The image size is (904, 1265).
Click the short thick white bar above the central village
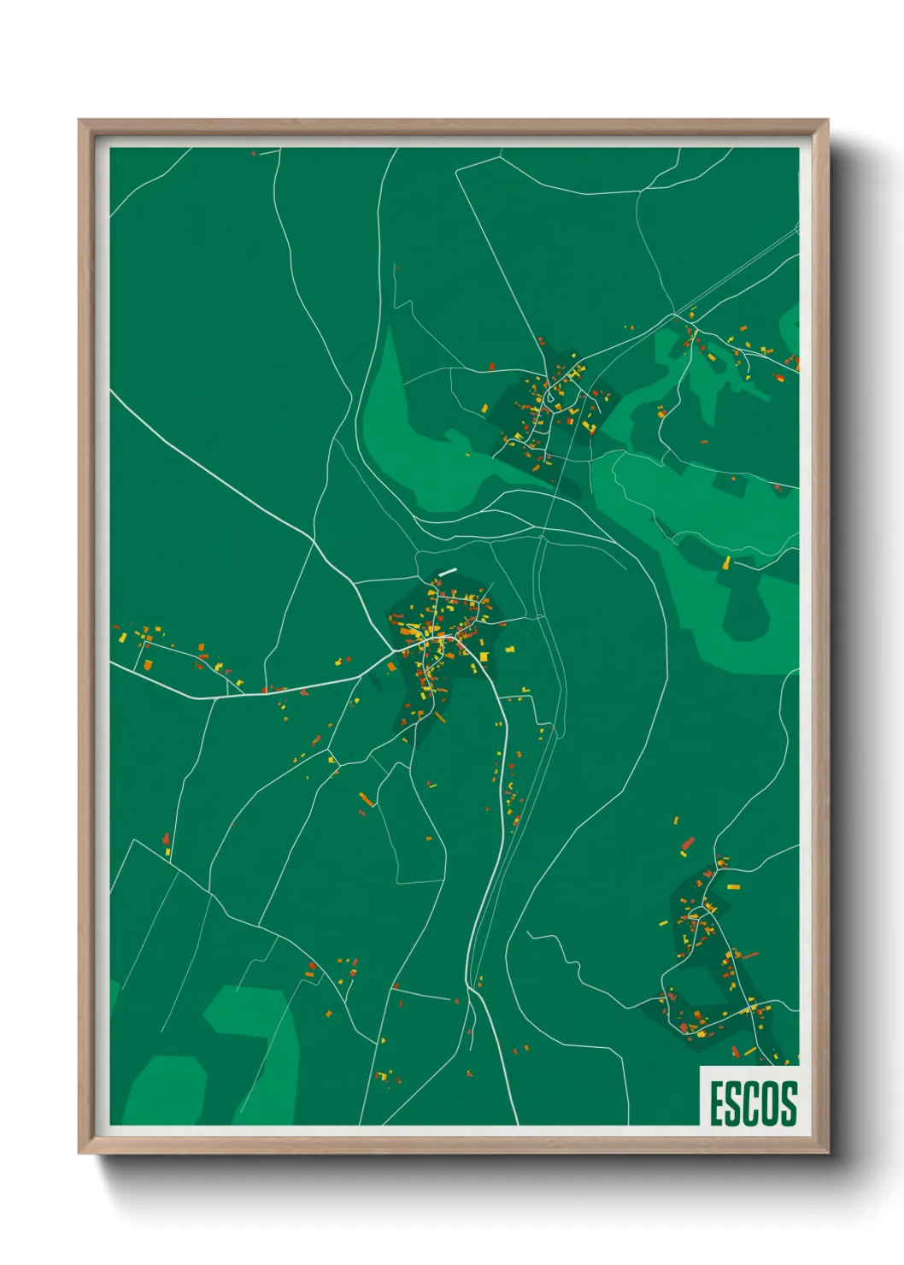(x=447, y=572)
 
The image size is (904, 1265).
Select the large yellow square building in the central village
(x=484, y=656)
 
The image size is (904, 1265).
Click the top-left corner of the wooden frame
(x=79, y=121)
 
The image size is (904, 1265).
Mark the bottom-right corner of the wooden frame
(x=827, y=1153)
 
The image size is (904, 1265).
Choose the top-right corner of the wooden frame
(x=827, y=121)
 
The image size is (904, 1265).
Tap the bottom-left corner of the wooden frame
(x=79, y=1153)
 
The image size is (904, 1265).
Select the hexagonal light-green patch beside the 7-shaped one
(x=167, y=1090)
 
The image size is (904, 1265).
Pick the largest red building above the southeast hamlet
(x=688, y=844)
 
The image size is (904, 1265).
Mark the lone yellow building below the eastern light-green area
(x=727, y=562)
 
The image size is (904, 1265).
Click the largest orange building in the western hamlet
(x=147, y=664)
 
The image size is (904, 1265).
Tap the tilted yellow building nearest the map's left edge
(x=121, y=638)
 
